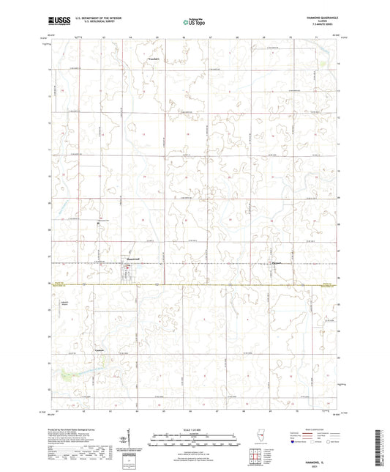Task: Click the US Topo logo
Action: click(194, 23)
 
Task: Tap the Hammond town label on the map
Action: click(129, 259)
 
